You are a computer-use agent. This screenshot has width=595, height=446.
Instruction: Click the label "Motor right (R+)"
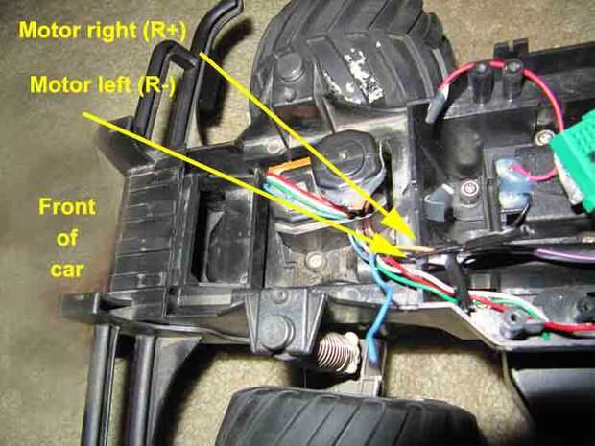103,31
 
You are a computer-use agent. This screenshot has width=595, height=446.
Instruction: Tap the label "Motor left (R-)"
103,84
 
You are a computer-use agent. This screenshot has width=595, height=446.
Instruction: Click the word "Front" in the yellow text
67,207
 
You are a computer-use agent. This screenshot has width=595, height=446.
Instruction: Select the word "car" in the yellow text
67,270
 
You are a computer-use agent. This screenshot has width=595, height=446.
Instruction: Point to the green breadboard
574,159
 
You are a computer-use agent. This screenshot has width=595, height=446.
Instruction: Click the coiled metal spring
335,354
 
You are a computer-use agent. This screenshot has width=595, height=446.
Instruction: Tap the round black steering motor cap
346,158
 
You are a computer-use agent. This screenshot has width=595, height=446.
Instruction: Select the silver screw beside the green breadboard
544,137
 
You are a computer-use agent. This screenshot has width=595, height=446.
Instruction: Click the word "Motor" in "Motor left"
57,84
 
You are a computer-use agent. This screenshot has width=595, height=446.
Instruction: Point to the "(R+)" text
164,31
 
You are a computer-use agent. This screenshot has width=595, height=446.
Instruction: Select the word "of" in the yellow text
67,238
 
